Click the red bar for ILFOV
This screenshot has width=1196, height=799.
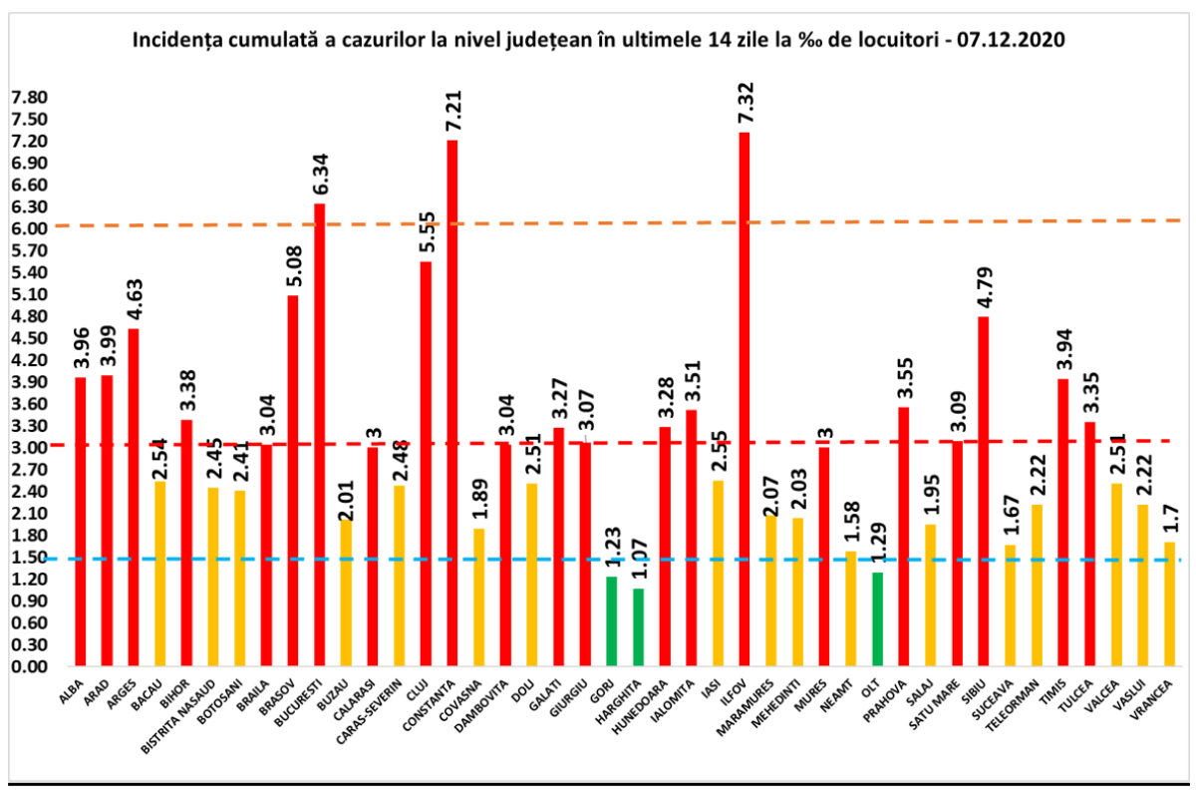(x=744, y=399)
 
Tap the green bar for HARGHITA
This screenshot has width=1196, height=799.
(x=638, y=627)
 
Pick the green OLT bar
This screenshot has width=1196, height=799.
(x=877, y=619)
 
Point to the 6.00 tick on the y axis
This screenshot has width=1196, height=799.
(x=28, y=228)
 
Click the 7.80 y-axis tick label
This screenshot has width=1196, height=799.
(x=28, y=97)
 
